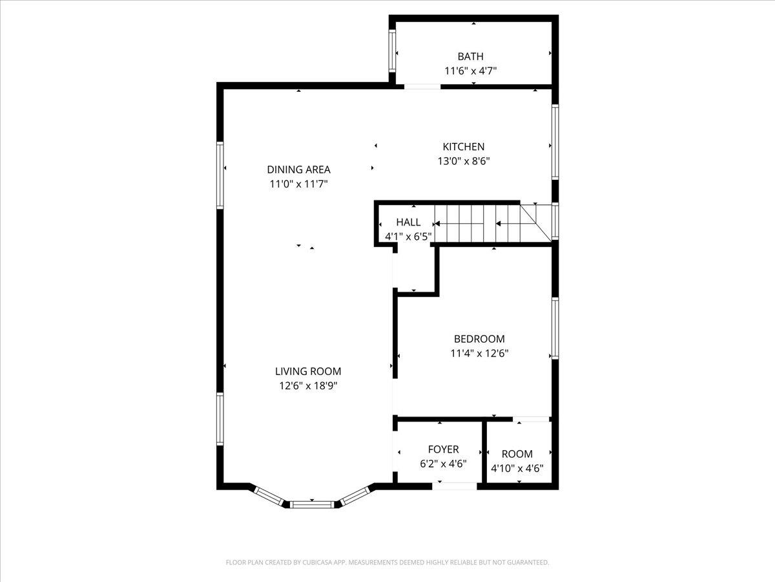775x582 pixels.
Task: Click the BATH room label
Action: pos(470,57)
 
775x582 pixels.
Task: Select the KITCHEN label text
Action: pos(463,147)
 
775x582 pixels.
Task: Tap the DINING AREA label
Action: pos(298,169)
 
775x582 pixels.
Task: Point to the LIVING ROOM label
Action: pos(308,371)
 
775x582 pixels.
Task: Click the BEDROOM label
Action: pos(479,339)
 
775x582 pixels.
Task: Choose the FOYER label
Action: pos(443,449)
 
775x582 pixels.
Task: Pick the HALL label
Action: pos(408,222)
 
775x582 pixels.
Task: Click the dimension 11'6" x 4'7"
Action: pos(470,71)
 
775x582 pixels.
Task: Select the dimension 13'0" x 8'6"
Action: pos(463,161)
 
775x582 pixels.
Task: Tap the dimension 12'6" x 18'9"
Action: pos(308,385)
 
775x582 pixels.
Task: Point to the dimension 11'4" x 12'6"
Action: pos(479,353)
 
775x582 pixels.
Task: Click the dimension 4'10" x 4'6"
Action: pos(517,468)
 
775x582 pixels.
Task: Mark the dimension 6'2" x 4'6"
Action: pos(443,464)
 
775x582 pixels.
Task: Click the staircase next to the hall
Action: pos(484,224)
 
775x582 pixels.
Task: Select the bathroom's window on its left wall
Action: pos(391,50)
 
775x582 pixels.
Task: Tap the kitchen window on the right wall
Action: pos(555,142)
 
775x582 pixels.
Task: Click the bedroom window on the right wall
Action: pos(555,328)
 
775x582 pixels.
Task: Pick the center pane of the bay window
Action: pos(312,504)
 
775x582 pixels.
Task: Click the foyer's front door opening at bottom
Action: pos(455,486)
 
